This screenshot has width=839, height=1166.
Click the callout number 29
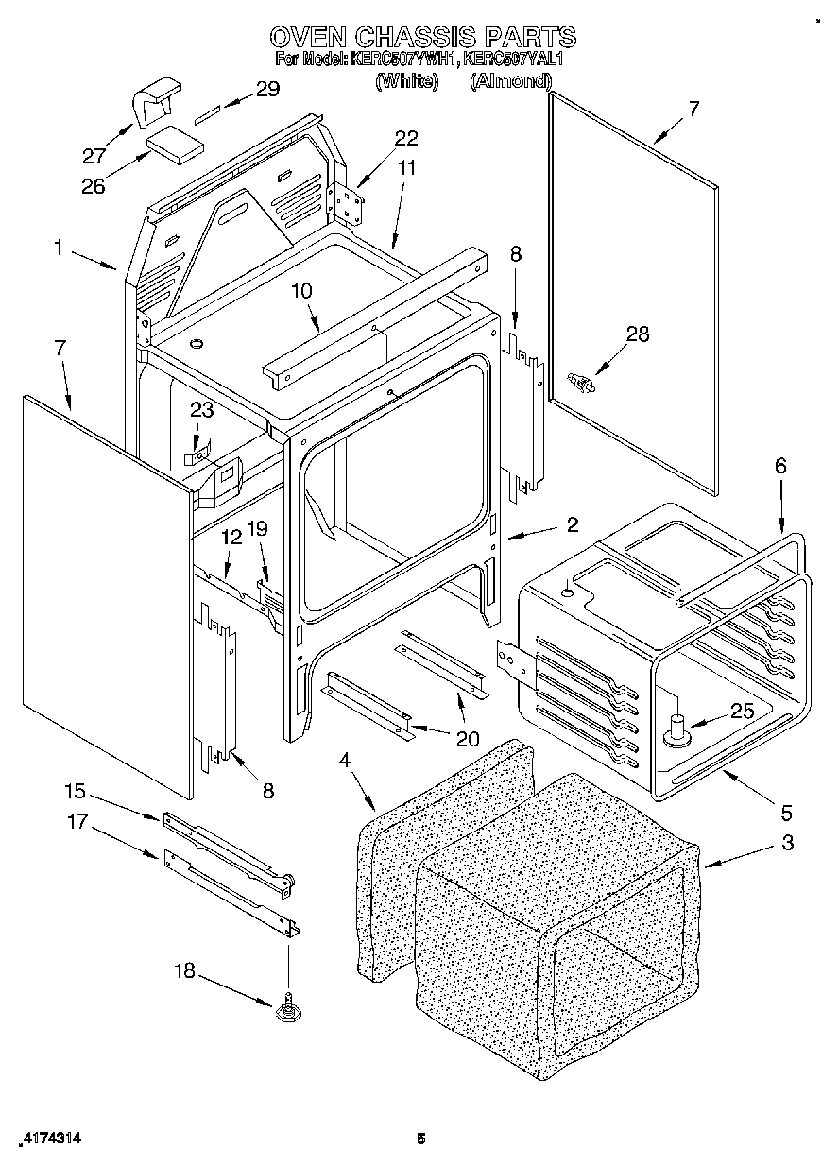point(268,90)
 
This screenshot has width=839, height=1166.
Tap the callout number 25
point(743,712)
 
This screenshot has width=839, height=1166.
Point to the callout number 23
point(201,410)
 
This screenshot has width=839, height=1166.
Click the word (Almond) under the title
point(510,81)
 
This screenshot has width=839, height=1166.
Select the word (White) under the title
point(407,81)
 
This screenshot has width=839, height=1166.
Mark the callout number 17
point(76,822)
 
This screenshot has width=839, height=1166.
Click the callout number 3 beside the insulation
point(786,844)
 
